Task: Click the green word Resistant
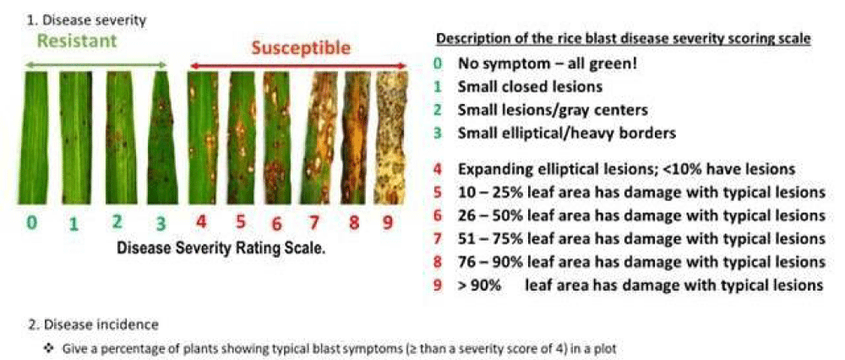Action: (x=77, y=41)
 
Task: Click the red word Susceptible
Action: (x=301, y=48)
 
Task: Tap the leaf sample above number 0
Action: (x=34, y=138)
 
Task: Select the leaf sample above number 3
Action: (x=163, y=138)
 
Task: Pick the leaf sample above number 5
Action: (x=242, y=138)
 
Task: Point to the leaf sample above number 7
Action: (x=323, y=138)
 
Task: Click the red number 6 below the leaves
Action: (x=277, y=223)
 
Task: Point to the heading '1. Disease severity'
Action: (x=86, y=20)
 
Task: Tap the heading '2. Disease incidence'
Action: (x=93, y=325)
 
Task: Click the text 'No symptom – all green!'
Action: (x=548, y=63)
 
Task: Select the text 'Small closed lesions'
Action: (x=531, y=86)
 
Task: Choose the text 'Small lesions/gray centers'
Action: (x=553, y=109)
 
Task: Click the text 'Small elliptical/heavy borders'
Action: (x=566, y=133)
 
